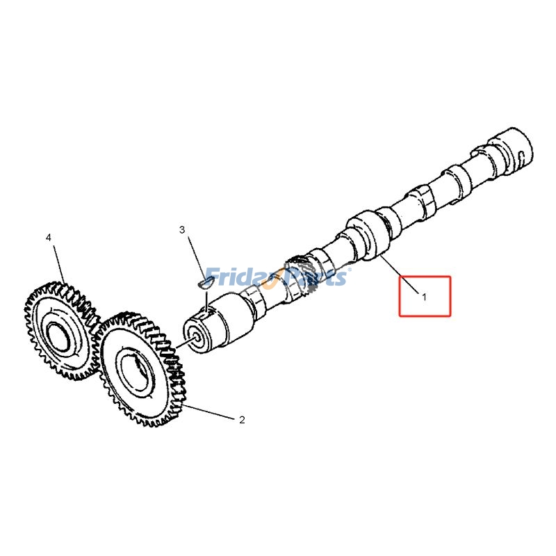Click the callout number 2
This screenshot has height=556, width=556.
[242, 420]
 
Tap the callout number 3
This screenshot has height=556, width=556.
[182, 229]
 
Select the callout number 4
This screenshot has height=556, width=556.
[49, 238]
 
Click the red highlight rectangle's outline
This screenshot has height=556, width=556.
[400, 296]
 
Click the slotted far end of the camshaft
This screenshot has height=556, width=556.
[515, 149]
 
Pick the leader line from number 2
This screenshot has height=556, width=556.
[208, 411]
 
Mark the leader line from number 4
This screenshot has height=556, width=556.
[58, 264]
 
